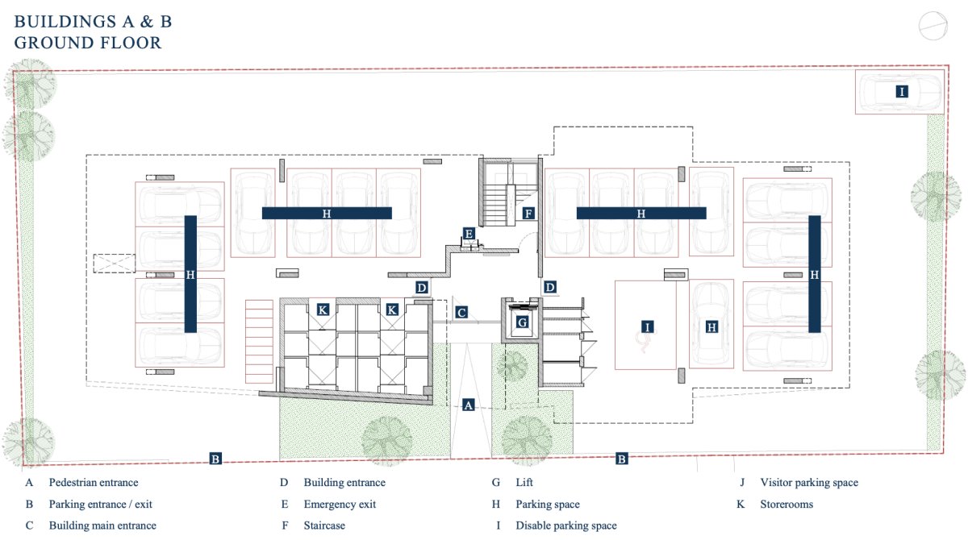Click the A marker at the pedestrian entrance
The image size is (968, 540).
468,405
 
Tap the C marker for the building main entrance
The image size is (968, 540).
461,313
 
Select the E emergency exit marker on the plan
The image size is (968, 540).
469,234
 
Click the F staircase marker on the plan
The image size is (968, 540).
528,214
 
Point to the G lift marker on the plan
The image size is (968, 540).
522,322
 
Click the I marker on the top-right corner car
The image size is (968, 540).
902,92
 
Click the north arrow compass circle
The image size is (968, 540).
933,26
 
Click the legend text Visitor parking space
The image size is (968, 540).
809,482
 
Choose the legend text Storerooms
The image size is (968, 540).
786,505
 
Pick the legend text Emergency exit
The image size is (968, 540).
340,505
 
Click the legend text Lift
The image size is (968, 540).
524,482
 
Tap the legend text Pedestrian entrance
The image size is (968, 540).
94,482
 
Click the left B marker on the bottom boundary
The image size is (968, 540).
215,459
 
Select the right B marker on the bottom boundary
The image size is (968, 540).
621,459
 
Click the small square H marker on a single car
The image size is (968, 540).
711,327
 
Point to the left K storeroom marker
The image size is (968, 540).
323,309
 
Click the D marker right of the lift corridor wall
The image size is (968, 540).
549,287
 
